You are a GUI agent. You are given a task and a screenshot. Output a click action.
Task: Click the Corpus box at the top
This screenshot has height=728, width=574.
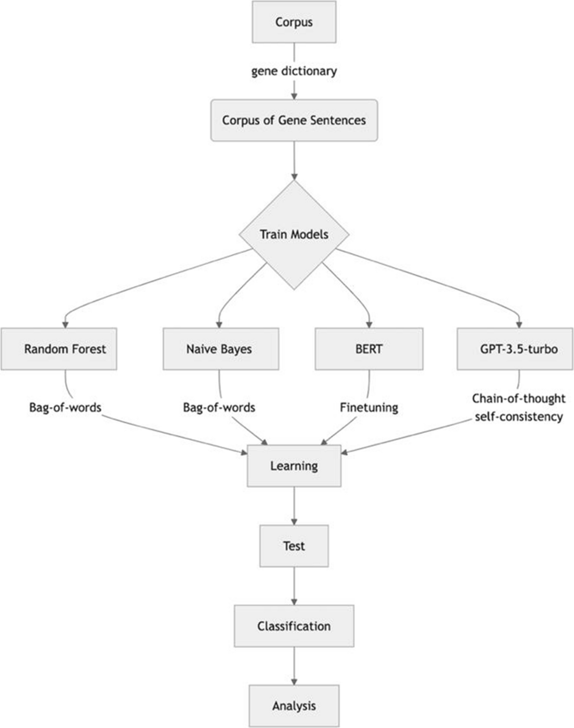coord(294,22)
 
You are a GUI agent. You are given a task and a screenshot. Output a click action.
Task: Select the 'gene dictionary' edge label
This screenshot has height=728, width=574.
coord(294,71)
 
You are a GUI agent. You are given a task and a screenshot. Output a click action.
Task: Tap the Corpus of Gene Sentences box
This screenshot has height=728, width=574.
coord(294,120)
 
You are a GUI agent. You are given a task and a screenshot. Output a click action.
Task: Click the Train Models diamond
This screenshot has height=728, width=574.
coord(294,235)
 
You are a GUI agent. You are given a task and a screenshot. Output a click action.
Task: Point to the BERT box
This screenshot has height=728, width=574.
coord(369,349)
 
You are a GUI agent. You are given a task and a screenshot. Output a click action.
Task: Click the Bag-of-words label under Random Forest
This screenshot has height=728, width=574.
coord(65,407)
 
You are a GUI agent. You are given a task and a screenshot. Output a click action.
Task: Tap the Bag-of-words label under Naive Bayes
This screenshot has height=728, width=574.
coord(219,407)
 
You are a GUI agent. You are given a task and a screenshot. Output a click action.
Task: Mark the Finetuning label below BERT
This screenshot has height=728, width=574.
coord(369,407)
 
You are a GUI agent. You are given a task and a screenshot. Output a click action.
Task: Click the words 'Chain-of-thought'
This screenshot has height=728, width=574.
coord(518,398)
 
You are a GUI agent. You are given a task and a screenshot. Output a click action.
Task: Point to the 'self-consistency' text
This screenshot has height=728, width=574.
coord(518,416)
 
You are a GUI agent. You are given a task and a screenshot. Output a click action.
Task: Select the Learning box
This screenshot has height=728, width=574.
coord(294,466)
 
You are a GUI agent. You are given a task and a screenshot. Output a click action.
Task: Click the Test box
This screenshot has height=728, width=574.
coord(294,546)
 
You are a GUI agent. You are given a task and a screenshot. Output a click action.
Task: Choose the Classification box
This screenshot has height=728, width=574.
coord(294,626)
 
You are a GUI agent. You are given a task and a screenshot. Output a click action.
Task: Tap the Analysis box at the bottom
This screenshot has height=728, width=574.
coord(294,706)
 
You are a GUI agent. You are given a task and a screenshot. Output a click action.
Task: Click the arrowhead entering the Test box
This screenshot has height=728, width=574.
coord(294,522)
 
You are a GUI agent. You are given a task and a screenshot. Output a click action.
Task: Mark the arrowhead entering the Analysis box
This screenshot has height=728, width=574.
coord(294,682)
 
